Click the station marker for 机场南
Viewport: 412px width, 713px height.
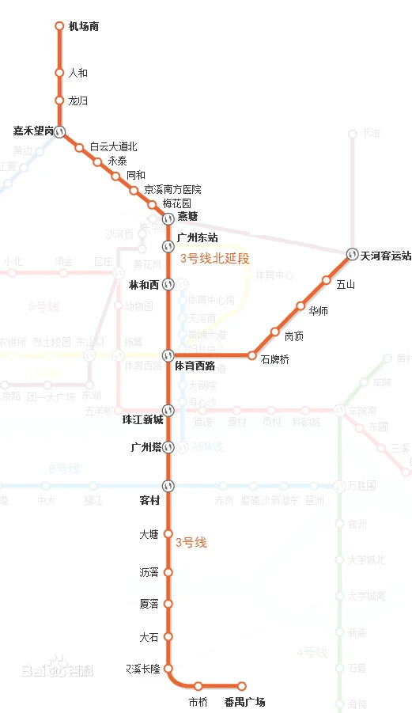(x=59, y=26)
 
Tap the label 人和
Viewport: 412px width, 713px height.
(x=78, y=73)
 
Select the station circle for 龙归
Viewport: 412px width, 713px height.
(x=59, y=101)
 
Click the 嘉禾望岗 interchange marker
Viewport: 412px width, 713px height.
(x=59, y=131)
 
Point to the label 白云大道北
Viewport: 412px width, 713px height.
(x=113, y=146)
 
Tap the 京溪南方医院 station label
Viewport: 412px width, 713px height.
(x=172, y=190)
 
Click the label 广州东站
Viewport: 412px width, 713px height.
(x=198, y=237)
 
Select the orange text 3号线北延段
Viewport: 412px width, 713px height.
(x=215, y=258)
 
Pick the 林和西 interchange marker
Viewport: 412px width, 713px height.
(x=168, y=285)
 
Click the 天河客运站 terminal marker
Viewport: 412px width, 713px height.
(x=351, y=255)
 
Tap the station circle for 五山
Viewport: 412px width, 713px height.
(x=326, y=280)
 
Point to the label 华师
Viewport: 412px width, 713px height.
(x=319, y=311)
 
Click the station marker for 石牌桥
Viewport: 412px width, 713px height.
(x=252, y=355)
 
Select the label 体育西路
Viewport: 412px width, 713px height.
(x=195, y=366)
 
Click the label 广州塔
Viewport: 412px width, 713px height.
(x=146, y=447)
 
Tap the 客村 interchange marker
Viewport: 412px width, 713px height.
(x=168, y=485)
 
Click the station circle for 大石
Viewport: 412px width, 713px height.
(x=168, y=636)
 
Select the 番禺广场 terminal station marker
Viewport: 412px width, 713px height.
(x=242, y=686)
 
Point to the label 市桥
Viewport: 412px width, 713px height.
(x=198, y=702)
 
